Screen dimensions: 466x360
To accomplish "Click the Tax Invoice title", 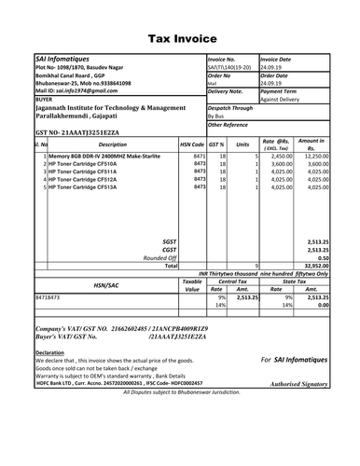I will point(179,39).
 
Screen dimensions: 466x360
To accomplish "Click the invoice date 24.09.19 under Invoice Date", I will point(272,67).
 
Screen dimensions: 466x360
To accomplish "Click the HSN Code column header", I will point(192,145).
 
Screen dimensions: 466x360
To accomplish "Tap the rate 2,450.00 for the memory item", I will point(282,157).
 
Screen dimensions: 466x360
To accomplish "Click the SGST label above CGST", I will point(169,240).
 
